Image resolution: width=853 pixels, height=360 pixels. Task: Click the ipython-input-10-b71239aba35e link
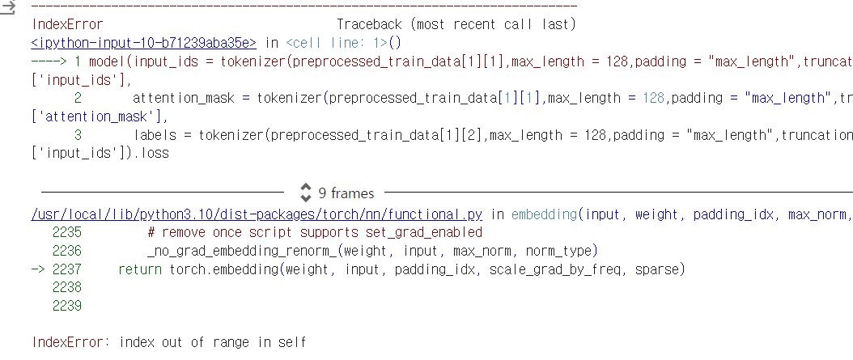click(144, 43)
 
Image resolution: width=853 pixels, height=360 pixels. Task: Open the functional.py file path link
click(257, 214)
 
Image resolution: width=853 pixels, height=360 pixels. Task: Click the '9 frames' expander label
click(346, 193)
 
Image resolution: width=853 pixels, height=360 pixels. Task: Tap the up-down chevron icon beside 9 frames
click(306, 193)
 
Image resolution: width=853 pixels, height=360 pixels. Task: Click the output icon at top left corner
click(8, 9)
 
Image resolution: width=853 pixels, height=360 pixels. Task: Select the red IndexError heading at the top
click(67, 24)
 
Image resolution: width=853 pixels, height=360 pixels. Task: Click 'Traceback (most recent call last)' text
click(456, 24)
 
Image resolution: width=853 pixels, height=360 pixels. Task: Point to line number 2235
click(66, 232)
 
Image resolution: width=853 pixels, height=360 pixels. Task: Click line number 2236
click(66, 251)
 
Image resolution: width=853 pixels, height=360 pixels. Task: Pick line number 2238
click(66, 287)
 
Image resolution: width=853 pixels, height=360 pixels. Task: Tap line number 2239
click(66, 306)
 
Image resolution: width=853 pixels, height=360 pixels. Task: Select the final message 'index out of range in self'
click(213, 342)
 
